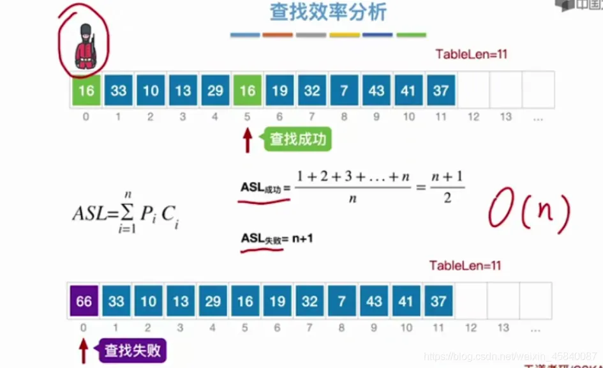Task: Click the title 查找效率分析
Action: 329,13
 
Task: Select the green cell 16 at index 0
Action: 86,91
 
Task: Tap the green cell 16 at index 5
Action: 248,91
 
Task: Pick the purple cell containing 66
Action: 84,301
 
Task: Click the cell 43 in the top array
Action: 376,91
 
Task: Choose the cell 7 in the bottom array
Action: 342,301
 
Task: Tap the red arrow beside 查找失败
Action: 83,350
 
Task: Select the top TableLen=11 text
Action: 471,54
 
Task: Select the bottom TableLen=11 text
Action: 465,265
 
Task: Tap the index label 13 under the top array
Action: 506,117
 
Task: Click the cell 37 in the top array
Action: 441,91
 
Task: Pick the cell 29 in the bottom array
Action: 213,301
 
